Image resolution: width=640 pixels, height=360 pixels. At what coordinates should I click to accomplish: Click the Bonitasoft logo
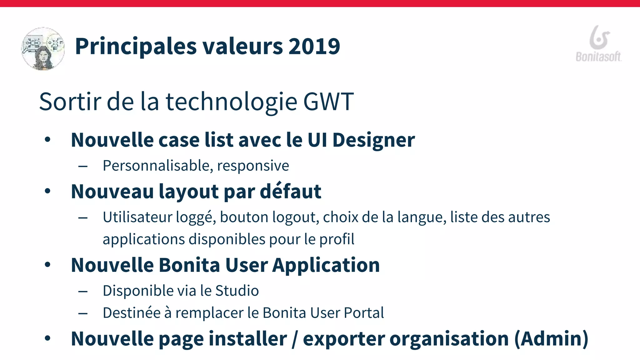(x=599, y=44)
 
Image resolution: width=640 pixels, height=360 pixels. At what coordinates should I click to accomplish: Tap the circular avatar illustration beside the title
(x=43, y=48)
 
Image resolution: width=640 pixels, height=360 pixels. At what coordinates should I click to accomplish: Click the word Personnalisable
(x=158, y=166)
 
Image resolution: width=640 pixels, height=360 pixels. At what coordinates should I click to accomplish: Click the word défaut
(x=290, y=191)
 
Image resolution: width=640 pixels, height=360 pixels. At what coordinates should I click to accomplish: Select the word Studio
(x=237, y=291)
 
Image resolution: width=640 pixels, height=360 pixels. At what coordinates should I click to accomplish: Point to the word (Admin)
(x=551, y=339)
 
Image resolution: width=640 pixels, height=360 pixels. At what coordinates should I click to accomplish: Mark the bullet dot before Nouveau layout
(x=47, y=191)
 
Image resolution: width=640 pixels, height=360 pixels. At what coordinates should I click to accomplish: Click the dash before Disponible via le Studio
(x=83, y=292)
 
